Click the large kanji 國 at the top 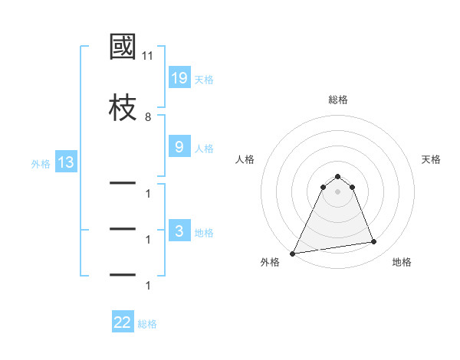tap(123, 48)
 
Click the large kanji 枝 tap(123, 107)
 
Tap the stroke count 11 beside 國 tap(148, 56)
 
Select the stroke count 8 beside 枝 tap(148, 116)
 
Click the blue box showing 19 tap(179, 78)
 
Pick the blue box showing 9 tap(179, 147)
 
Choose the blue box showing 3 tap(179, 231)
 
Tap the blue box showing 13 tap(65, 162)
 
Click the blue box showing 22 tap(123, 322)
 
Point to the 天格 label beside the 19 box tap(204, 79)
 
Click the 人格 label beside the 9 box tap(204, 148)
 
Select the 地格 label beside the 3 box tap(204, 232)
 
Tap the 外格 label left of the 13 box tap(41, 163)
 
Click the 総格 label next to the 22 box tap(148, 323)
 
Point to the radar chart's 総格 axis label tap(338, 100)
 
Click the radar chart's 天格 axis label tap(432, 159)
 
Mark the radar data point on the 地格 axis tap(374, 242)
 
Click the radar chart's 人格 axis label tap(245, 159)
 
